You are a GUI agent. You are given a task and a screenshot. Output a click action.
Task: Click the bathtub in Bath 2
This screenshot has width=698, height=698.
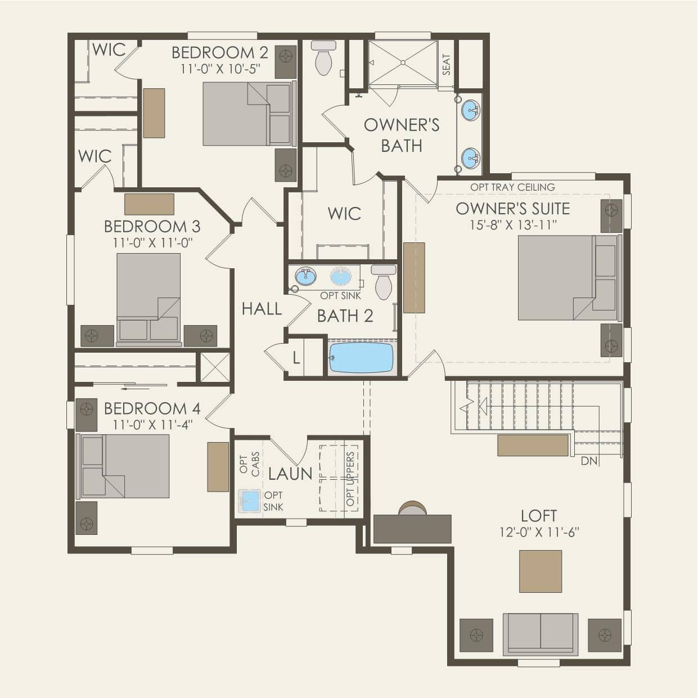click(x=361, y=358)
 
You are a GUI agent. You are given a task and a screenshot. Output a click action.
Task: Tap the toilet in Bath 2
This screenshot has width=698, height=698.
click(x=384, y=282)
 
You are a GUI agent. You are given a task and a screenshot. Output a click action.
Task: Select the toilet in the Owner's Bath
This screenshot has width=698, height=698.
click(x=323, y=58)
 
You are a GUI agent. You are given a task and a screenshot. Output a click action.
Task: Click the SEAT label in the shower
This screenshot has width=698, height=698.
click(x=447, y=65)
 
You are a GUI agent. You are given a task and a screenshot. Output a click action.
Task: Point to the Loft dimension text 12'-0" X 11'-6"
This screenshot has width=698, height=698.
click(x=539, y=532)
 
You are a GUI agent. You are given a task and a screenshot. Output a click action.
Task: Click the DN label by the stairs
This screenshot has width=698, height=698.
click(x=589, y=461)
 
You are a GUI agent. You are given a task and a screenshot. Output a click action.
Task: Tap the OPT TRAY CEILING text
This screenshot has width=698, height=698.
click(x=512, y=187)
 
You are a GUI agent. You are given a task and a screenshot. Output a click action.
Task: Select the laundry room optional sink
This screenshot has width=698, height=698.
click(x=250, y=501)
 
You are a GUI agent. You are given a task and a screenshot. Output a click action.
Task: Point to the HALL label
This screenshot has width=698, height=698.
click(x=262, y=309)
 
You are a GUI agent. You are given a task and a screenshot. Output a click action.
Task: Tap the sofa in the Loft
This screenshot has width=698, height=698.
click(x=541, y=634)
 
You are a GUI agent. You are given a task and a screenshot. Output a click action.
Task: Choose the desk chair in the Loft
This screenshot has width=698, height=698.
click(x=412, y=508)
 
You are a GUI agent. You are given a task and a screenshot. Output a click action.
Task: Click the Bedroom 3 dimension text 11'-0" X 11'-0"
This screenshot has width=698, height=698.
click(x=152, y=242)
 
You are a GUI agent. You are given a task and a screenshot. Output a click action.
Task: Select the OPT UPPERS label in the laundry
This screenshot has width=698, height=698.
click(x=350, y=479)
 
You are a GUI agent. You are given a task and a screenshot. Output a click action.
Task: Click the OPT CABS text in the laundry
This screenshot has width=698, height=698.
click(x=250, y=464)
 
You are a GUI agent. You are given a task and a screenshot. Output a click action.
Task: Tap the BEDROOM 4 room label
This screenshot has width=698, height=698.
click(x=152, y=408)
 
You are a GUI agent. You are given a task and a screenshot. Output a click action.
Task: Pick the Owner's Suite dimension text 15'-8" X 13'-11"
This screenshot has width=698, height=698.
click(x=513, y=225)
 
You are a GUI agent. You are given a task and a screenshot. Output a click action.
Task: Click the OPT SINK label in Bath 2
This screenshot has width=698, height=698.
click(x=340, y=296)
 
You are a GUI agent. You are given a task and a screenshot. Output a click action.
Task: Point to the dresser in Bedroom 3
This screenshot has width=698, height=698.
click(x=149, y=204)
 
